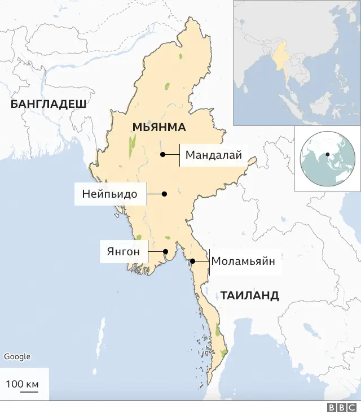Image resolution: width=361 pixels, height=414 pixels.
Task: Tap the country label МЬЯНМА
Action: (159, 127)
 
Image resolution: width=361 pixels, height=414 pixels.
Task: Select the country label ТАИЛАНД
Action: (249, 295)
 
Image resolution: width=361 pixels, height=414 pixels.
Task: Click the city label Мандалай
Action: (213, 155)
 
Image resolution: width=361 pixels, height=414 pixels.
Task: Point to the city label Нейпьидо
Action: (110, 194)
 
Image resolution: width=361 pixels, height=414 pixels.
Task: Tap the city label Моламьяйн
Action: (243, 262)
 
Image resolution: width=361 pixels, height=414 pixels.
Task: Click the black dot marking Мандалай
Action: (162, 154)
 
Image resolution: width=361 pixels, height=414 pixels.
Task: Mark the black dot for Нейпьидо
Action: (165, 194)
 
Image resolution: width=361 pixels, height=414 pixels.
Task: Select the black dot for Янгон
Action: (165, 252)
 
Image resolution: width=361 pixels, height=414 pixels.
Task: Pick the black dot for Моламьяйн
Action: (192, 261)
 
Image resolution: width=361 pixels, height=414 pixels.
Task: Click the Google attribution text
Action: (17, 356)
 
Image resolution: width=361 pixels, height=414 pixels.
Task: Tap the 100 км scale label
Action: (22, 384)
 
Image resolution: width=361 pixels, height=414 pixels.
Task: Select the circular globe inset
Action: (327, 158)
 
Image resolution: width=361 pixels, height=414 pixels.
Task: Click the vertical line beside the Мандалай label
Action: (179, 155)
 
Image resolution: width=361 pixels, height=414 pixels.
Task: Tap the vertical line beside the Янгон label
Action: (148, 252)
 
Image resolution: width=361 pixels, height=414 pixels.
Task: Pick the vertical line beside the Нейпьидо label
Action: (147, 194)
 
